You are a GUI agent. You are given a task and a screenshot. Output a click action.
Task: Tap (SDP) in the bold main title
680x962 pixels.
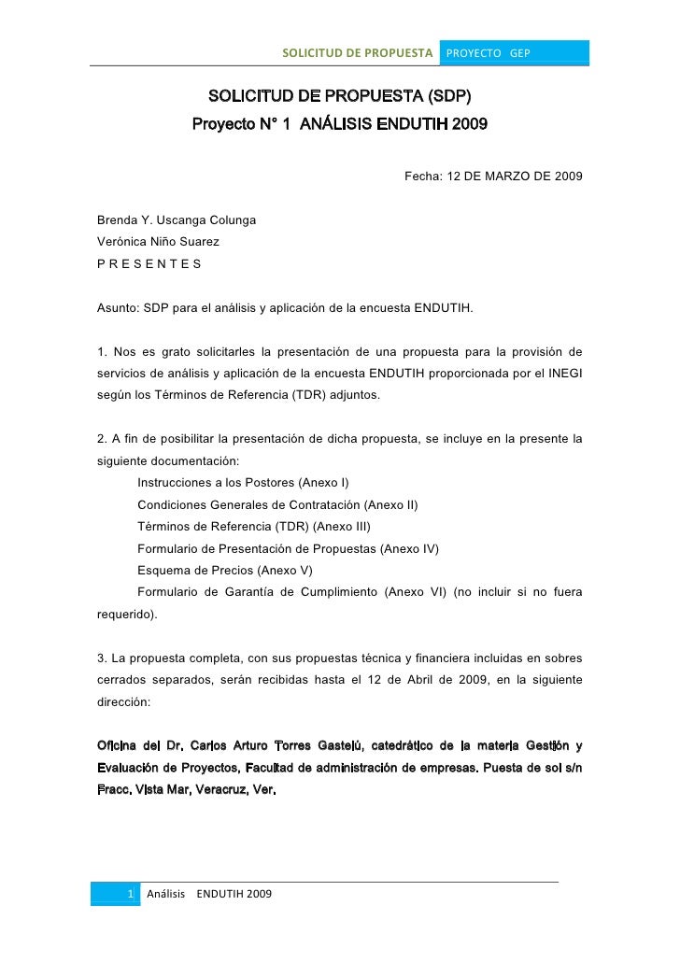coord(448,96)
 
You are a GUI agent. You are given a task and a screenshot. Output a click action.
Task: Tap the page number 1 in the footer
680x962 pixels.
coord(131,895)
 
